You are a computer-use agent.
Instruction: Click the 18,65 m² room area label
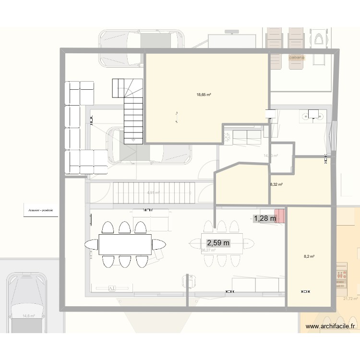click(204, 95)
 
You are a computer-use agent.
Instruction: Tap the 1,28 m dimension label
click(265, 218)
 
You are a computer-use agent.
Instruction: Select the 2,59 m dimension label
click(218, 243)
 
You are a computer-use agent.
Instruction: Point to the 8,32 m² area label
click(276, 184)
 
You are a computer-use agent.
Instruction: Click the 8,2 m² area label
click(309, 257)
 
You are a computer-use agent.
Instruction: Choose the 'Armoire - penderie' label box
click(40, 210)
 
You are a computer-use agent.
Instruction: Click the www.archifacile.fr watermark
click(332, 326)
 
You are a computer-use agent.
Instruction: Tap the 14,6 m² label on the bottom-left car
click(29, 316)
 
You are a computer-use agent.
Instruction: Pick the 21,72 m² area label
click(350, 299)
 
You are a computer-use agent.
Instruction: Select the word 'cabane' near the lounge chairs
click(297, 58)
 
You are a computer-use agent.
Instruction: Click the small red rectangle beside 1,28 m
click(279, 216)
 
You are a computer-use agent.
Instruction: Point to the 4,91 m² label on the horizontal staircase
click(153, 193)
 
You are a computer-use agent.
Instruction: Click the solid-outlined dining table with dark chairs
click(125, 244)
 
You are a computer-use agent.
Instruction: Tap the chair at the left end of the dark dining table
click(90, 245)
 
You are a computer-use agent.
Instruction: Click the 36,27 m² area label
click(208, 250)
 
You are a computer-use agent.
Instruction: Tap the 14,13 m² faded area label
click(271, 155)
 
